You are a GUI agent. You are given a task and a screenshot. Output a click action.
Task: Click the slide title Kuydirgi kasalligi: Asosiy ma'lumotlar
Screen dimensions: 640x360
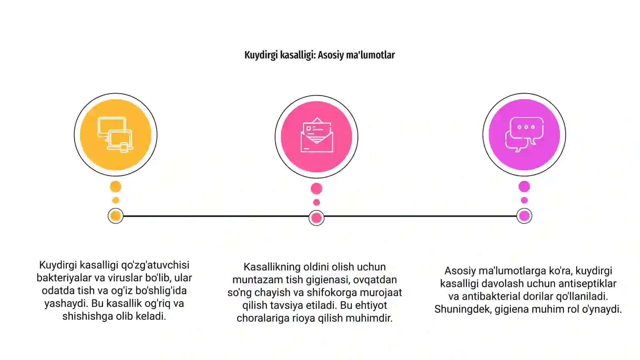(x=320, y=55)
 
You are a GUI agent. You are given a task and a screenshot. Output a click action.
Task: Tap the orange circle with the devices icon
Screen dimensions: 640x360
(x=116, y=134)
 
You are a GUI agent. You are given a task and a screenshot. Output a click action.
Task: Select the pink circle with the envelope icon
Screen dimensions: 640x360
(x=316, y=136)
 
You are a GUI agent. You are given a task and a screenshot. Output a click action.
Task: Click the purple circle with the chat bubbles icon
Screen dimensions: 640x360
(x=524, y=134)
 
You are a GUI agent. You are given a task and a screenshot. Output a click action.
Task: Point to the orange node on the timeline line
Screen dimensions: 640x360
(x=116, y=216)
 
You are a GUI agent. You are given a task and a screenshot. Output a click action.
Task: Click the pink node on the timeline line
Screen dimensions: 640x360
(x=316, y=218)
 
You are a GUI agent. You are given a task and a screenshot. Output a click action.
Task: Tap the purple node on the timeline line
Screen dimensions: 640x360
(x=524, y=216)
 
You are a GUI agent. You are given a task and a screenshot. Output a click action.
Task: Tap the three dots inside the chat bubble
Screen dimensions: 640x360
(x=526, y=127)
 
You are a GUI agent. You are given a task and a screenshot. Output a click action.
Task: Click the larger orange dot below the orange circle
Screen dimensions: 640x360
(x=116, y=187)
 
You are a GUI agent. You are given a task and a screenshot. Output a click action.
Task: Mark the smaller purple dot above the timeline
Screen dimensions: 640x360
(x=524, y=200)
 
